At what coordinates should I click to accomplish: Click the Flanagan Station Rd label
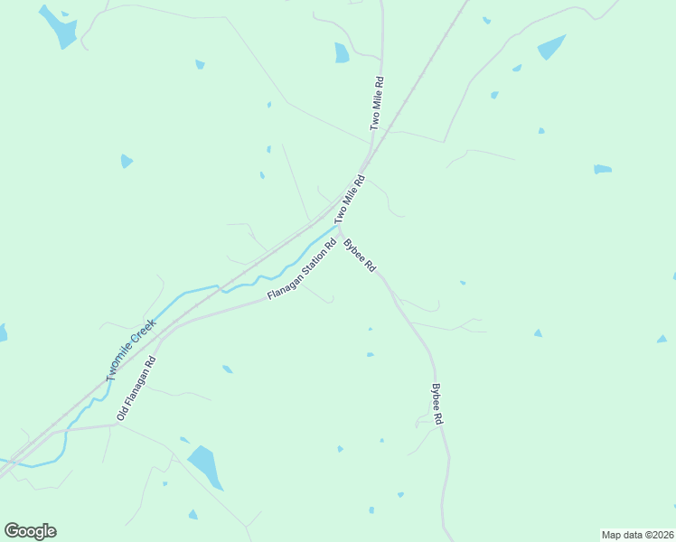pos(302,269)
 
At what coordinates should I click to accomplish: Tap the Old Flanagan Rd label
pos(136,388)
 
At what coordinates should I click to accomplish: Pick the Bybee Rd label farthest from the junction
pos(437,405)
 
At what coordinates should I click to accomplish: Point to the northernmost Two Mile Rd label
pos(378,103)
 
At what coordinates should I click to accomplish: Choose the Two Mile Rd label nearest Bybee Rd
pos(349,200)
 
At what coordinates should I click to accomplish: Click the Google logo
pos(31,531)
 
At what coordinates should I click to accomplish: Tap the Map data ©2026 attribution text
pos(636,535)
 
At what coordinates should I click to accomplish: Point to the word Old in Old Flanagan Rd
pos(122,414)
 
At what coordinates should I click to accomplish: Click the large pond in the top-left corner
pos(60,27)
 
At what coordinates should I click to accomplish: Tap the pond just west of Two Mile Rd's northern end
pos(341,53)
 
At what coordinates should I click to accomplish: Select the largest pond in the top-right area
pos(550,47)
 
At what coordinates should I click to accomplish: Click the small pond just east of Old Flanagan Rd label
pos(227,369)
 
